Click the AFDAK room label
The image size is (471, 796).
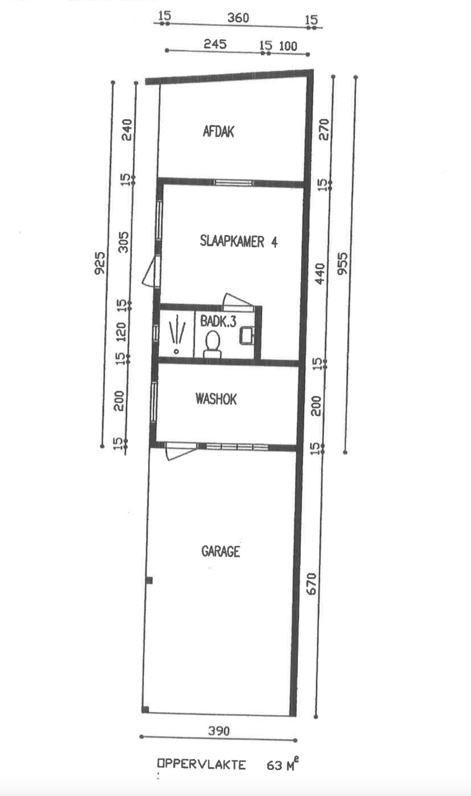tap(218, 131)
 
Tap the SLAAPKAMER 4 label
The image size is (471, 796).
tap(238, 241)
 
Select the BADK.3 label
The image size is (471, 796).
tap(218, 321)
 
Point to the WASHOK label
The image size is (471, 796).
tap(216, 399)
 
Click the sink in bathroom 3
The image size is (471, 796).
tap(247, 334)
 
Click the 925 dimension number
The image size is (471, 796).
tap(100, 263)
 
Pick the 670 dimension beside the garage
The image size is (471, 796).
tap(311, 584)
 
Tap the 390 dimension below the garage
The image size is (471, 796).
tap(218, 731)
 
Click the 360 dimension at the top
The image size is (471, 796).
tap(238, 18)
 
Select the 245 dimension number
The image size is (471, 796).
tap(215, 44)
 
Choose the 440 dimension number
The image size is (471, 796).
tap(320, 273)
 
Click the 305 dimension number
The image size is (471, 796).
tap(123, 242)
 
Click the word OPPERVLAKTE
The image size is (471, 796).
tap(201, 765)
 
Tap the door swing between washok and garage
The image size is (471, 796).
tap(180, 452)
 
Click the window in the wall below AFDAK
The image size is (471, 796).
tap(234, 183)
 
